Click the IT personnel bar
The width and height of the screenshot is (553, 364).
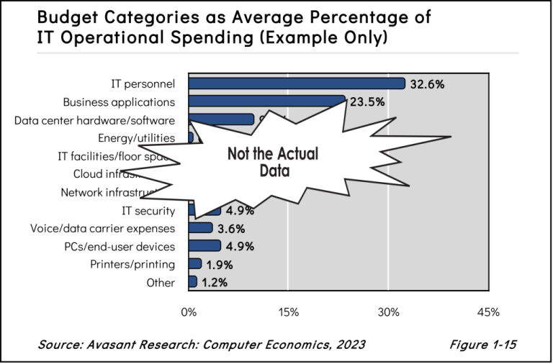pyautogui.click(x=296, y=83)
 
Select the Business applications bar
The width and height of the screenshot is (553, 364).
pyautogui.click(x=266, y=101)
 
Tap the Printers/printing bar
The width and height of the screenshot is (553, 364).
pyautogui.click(x=194, y=263)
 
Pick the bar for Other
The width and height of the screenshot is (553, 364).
pyautogui.click(x=192, y=282)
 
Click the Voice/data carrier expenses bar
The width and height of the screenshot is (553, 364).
pyautogui.click(x=200, y=228)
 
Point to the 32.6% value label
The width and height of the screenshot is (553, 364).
pyautogui.click(x=427, y=84)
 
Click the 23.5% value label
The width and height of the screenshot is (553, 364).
pyautogui.click(x=367, y=102)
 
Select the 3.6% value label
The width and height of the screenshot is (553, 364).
pyautogui.click(x=231, y=229)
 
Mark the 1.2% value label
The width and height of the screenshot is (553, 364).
pyautogui.click(x=214, y=283)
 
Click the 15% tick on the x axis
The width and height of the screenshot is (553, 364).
pyautogui.click(x=288, y=312)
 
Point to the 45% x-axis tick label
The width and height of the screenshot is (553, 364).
pyautogui.click(x=488, y=312)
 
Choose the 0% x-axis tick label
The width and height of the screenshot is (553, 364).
pyautogui.click(x=189, y=312)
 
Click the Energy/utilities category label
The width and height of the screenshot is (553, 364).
pyautogui.click(x=136, y=137)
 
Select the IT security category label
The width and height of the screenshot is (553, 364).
pyautogui.click(x=149, y=210)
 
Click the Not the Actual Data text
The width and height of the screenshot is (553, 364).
pyautogui.click(x=273, y=163)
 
